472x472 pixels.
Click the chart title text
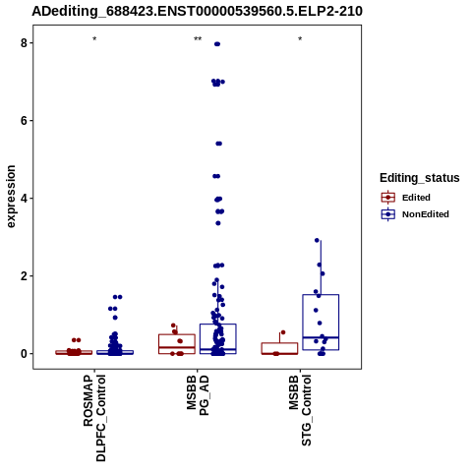[x=197, y=11]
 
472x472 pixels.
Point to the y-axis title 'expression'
[x=11, y=197]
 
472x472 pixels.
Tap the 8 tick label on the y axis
[x=24, y=43]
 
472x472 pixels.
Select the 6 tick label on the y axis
[x=24, y=121]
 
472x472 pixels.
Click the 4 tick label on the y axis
[x=24, y=199]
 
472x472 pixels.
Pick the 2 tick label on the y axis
[x=24, y=276]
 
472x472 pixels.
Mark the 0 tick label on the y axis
[x=24, y=354]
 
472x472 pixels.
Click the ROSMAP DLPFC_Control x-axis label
[x=94, y=418]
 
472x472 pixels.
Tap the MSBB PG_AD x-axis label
[x=198, y=395]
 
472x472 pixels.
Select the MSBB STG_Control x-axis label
[x=300, y=410]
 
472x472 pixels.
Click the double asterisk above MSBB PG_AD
[x=198, y=39]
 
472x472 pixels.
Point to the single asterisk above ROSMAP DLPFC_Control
[x=94, y=39]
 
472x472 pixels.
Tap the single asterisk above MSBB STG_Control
[x=300, y=39]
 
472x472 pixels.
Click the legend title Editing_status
[x=420, y=178]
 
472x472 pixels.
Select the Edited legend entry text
[x=416, y=198]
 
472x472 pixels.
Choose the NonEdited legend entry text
[x=426, y=214]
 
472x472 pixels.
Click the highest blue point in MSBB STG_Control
[x=317, y=240]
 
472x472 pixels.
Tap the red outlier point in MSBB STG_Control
[x=283, y=332]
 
